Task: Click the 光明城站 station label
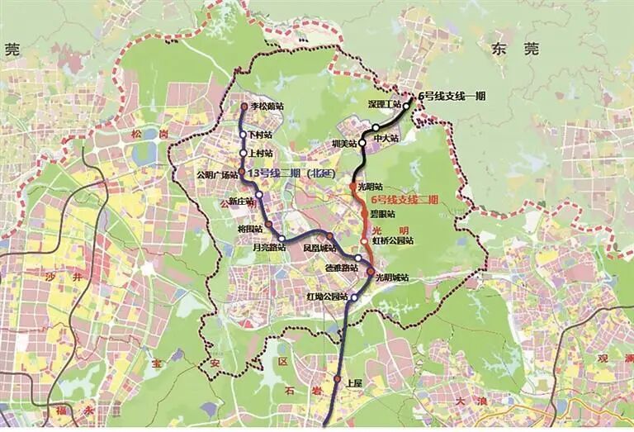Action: pyautogui.click(x=392, y=278)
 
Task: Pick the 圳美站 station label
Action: pyautogui.click(x=342, y=144)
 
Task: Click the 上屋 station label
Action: pyautogui.click(x=354, y=382)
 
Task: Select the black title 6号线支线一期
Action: pyautogui.click(x=452, y=96)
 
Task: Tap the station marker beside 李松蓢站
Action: pyautogui.click(x=244, y=107)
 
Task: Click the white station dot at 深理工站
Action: pyautogui.click(x=406, y=106)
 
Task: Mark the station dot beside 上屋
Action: pyautogui.click(x=338, y=379)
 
